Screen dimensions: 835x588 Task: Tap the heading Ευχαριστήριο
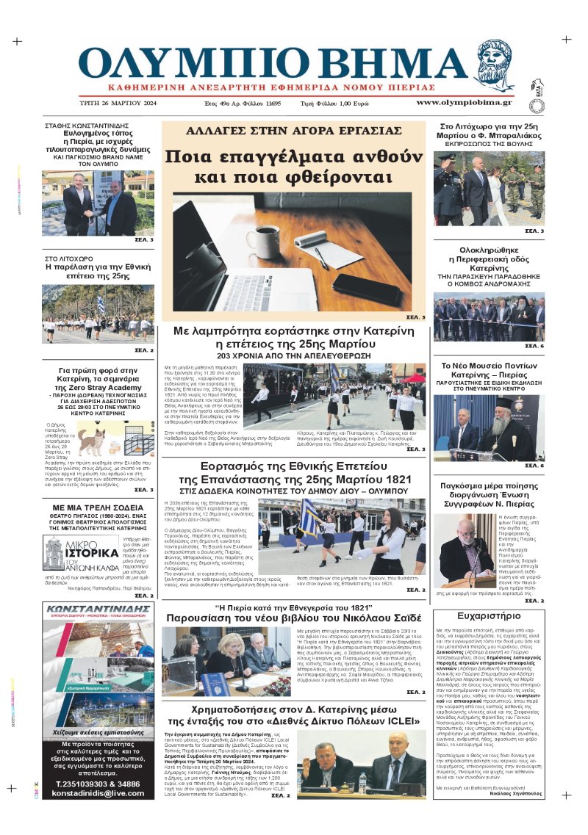(x=488, y=615)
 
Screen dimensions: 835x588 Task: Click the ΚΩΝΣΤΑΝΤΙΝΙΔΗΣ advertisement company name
(x=98, y=610)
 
